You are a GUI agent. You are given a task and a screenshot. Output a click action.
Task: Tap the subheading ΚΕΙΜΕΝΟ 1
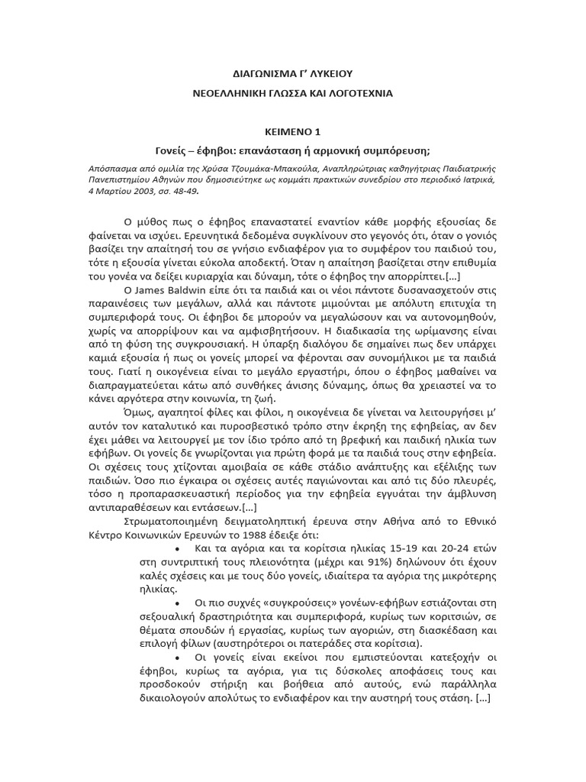click(x=293, y=130)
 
